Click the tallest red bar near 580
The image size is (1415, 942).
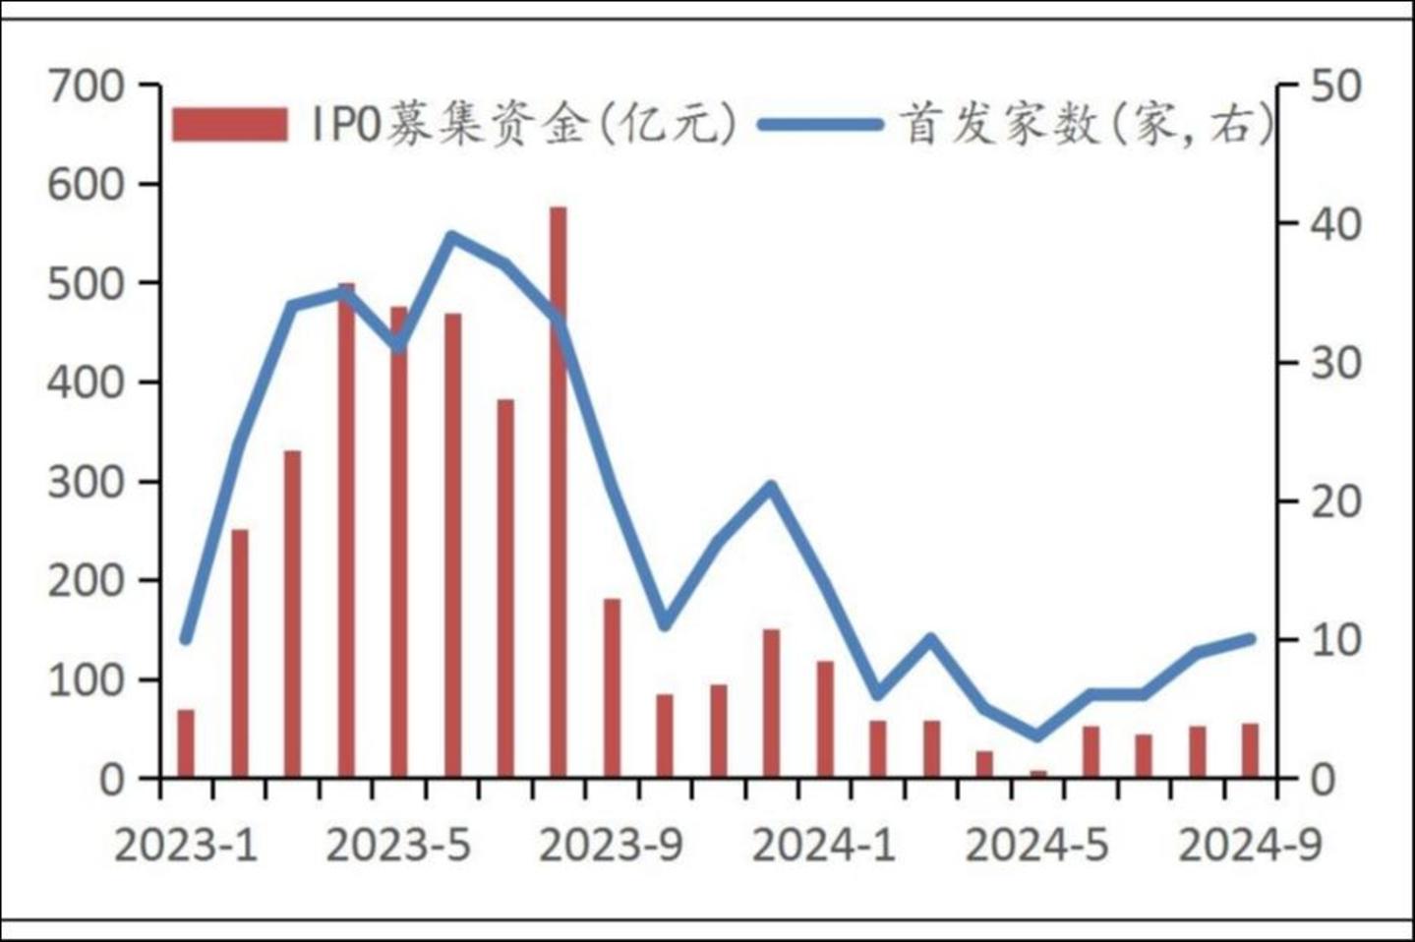559,492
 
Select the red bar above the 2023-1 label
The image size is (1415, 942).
186,743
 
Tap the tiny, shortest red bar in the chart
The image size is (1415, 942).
1038,774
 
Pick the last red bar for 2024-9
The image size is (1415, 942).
1251,750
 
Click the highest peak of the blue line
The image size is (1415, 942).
451,236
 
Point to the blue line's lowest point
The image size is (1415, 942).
1038,736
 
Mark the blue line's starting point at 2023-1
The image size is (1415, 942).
186,639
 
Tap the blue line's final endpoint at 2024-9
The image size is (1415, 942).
1251,638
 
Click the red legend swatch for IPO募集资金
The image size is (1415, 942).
230,125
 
